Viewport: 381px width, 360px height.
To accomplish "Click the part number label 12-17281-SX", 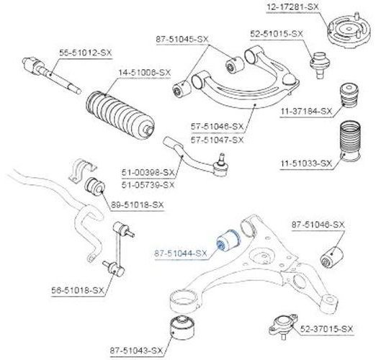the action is coord(292,7).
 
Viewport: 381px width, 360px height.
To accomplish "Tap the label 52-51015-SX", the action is coord(277,34).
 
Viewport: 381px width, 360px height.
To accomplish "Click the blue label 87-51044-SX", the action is coord(181,253).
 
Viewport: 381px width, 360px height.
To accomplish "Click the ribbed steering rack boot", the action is coord(120,115).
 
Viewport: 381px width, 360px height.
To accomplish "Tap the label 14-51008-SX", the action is coord(145,73).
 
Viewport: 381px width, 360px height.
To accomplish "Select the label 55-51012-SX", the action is coord(86,53).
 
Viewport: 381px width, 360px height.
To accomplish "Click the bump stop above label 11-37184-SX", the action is coord(349,95).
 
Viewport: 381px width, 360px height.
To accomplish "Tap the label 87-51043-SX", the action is coord(136,351).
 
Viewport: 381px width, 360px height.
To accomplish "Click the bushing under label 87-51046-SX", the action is coord(333,258).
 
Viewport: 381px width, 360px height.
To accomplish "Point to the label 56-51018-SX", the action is coord(78,290).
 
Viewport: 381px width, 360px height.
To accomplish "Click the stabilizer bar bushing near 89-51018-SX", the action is coord(94,186).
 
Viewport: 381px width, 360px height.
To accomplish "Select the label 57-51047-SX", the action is coord(217,140).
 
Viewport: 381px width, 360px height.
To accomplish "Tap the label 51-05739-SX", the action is coord(148,185).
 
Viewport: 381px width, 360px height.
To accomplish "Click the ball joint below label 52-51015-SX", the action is coord(321,64).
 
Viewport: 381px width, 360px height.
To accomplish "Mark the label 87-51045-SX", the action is coord(182,39).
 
